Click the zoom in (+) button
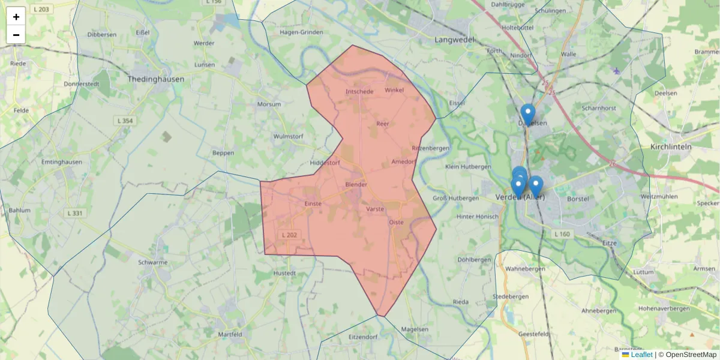point(16,17)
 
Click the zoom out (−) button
point(16,35)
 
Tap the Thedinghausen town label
point(156,79)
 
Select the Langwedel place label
point(454,40)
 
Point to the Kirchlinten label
point(671,146)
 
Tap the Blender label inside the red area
point(356,184)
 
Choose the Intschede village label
point(359,92)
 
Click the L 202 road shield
point(289,235)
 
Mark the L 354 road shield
point(124,121)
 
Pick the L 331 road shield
point(75,213)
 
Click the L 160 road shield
point(562,233)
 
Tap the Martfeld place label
point(230,334)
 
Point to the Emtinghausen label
point(61,162)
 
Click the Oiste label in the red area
point(397,222)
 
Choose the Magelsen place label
point(415,329)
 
